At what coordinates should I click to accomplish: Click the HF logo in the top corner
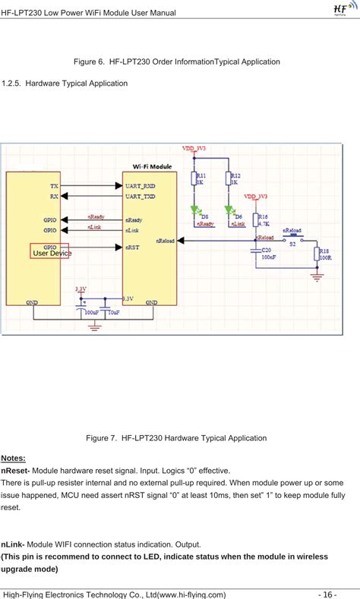tap(343, 8)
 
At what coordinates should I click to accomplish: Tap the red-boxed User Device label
tap(49, 252)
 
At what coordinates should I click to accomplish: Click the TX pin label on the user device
tap(54, 184)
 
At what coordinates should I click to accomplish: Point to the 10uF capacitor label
tap(112, 311)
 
